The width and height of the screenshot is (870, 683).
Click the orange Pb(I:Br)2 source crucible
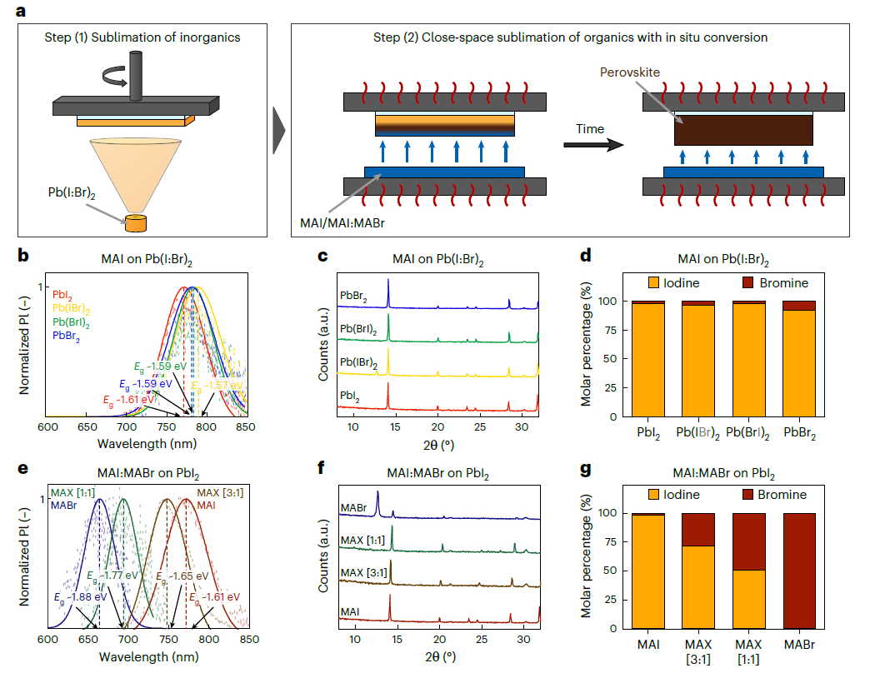[x=135, y=223]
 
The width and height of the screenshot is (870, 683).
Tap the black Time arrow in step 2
[x=593, y=145]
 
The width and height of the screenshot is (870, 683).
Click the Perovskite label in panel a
[x=630, y=72]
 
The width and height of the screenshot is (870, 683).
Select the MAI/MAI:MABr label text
[x=342, y=223]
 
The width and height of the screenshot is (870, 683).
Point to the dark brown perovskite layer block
[x=743, y=130]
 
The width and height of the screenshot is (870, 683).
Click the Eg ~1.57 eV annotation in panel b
[x=217, y=386]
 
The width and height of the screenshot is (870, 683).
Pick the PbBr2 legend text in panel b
[x=66, y=336]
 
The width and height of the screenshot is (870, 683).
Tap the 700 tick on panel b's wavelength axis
[x=127, y=426]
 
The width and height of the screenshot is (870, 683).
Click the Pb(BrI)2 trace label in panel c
[x=357, y=329]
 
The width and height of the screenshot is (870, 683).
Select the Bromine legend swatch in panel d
[x=748, y=282]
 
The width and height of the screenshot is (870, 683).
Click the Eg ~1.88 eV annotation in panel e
[x=80, y=598]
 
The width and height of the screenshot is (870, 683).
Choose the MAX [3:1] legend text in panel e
[x=220, y=493]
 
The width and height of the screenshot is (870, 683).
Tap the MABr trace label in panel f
[x=353, y=508]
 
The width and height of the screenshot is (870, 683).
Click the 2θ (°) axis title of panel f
[x=441, y=657]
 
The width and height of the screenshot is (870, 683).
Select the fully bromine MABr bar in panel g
[x=799, y=571]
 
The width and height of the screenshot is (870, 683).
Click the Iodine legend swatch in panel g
[x=653, y=495]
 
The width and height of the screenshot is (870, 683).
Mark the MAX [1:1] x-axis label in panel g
[x=748, y=652]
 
